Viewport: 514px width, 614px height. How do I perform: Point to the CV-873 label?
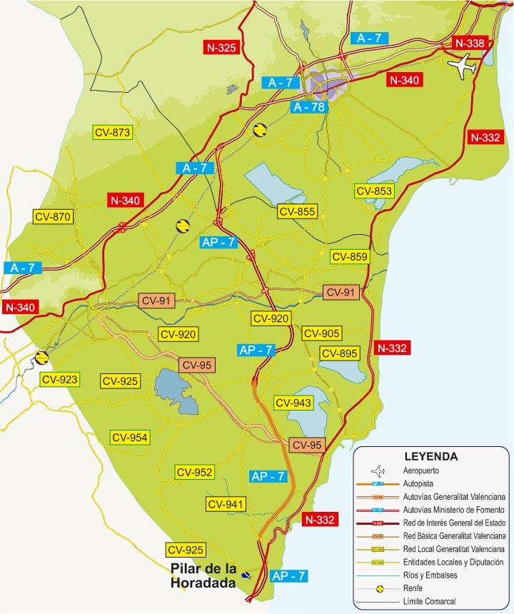click(x=113, y=132)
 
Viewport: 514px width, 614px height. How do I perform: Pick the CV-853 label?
click(x=374, y=191)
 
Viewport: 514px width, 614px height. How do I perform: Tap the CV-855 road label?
click(x=297, y=211)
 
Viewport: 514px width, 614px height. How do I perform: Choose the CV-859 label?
click(x=349, y=257)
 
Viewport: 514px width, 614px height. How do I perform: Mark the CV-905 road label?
click(x=321, y=333)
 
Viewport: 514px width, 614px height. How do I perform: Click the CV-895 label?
click(x=339, y=353)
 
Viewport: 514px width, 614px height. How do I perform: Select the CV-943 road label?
click(x=293, y=403)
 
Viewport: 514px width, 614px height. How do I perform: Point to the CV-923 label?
click(x=59, y=379)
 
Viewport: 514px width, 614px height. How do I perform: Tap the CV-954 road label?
click(x=129, y=437)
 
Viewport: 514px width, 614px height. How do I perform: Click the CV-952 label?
click(x=194, y=472)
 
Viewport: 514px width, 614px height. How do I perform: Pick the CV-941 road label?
click(x=226, y=504)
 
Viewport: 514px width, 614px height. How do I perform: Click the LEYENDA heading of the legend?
click(x=430, y=456)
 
